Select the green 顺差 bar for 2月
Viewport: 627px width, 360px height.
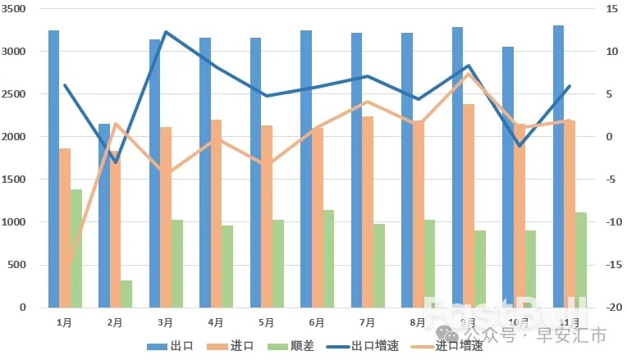[x=126, y=294]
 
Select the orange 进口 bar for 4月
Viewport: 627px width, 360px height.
[x=217, y=213]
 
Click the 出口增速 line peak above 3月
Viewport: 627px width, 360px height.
[x=166, y=33]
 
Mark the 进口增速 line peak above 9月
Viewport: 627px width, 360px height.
[x=468, y=75]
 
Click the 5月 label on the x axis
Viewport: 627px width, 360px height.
[x=266, y=322]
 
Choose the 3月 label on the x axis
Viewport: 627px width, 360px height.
[x=165, y=322]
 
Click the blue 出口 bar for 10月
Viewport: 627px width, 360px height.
[x=508, y=177]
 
